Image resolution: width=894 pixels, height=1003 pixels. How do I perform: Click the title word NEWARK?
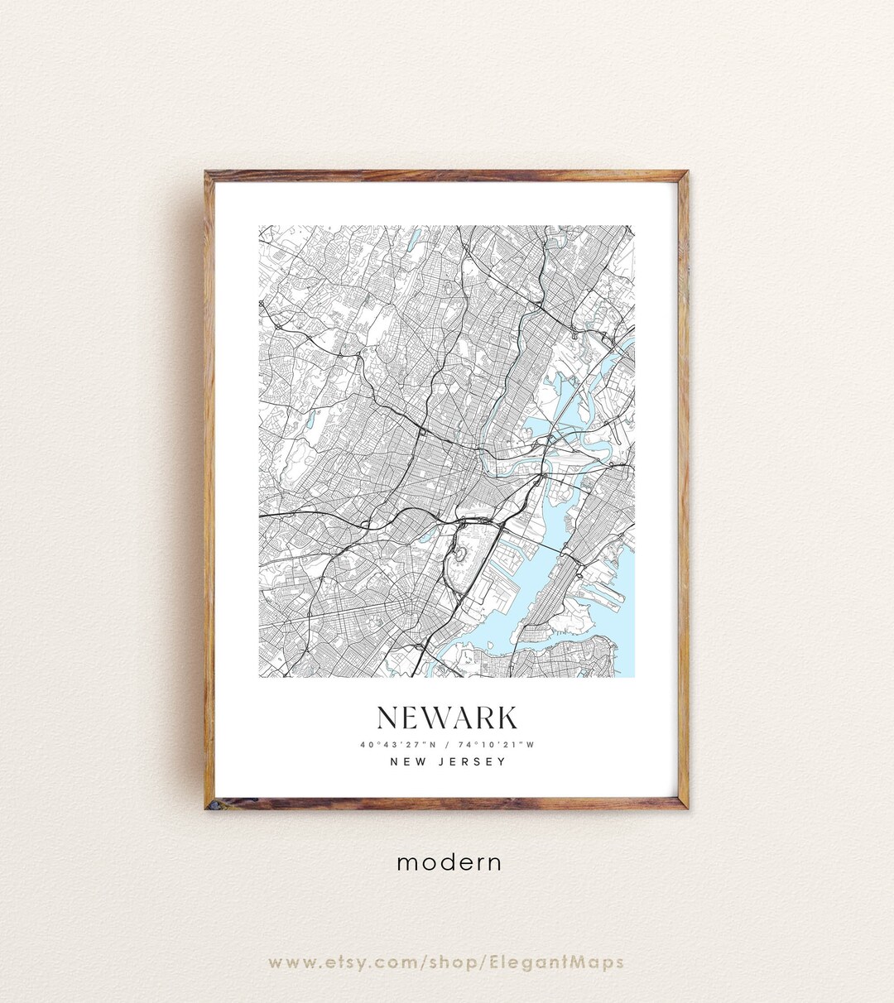pyautogui.click(x=447, y=717)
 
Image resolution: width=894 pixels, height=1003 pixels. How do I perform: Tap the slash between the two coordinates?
pyautogui.click(x=447, y=744)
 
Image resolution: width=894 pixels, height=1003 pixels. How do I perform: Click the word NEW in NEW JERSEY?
pyautogui.click(x=409, y=761)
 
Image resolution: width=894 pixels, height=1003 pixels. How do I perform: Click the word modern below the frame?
pyautogui.click(x=449, y=862)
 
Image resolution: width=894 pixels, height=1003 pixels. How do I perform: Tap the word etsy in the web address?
pyautogui.click(x=344, y=962)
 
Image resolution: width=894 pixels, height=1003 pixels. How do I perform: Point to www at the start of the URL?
pyautogui.click(x=290, y=962)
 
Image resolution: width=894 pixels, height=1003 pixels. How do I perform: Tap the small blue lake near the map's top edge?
pyautogui.click(x=413, y=240)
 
